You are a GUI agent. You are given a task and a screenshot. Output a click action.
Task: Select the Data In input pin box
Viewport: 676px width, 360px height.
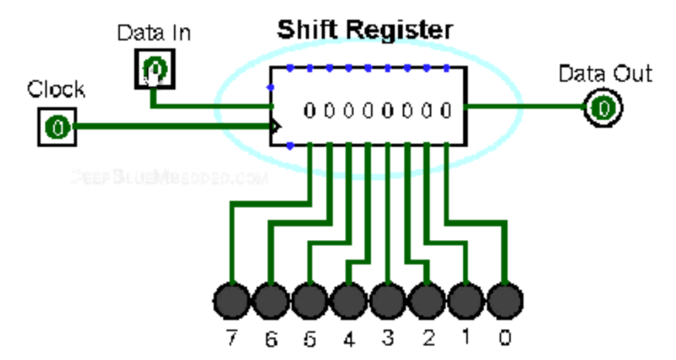click(155, 68)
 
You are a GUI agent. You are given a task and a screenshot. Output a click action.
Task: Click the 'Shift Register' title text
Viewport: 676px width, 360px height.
click(364, 31)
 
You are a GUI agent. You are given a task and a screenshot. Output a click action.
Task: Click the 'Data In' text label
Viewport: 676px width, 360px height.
click(153, 34)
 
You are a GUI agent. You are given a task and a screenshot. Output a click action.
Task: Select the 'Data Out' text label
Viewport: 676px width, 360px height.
click(605, 74)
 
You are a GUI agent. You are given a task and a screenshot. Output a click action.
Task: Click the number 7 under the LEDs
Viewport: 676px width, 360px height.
click(232, 339)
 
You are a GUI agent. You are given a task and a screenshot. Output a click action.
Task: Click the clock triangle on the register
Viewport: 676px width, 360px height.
click(275, 128)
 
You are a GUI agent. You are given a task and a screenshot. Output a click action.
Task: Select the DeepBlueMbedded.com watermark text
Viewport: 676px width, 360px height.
click(169, 178)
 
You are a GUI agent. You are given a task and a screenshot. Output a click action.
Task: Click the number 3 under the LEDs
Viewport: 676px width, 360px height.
click(388, 339)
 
